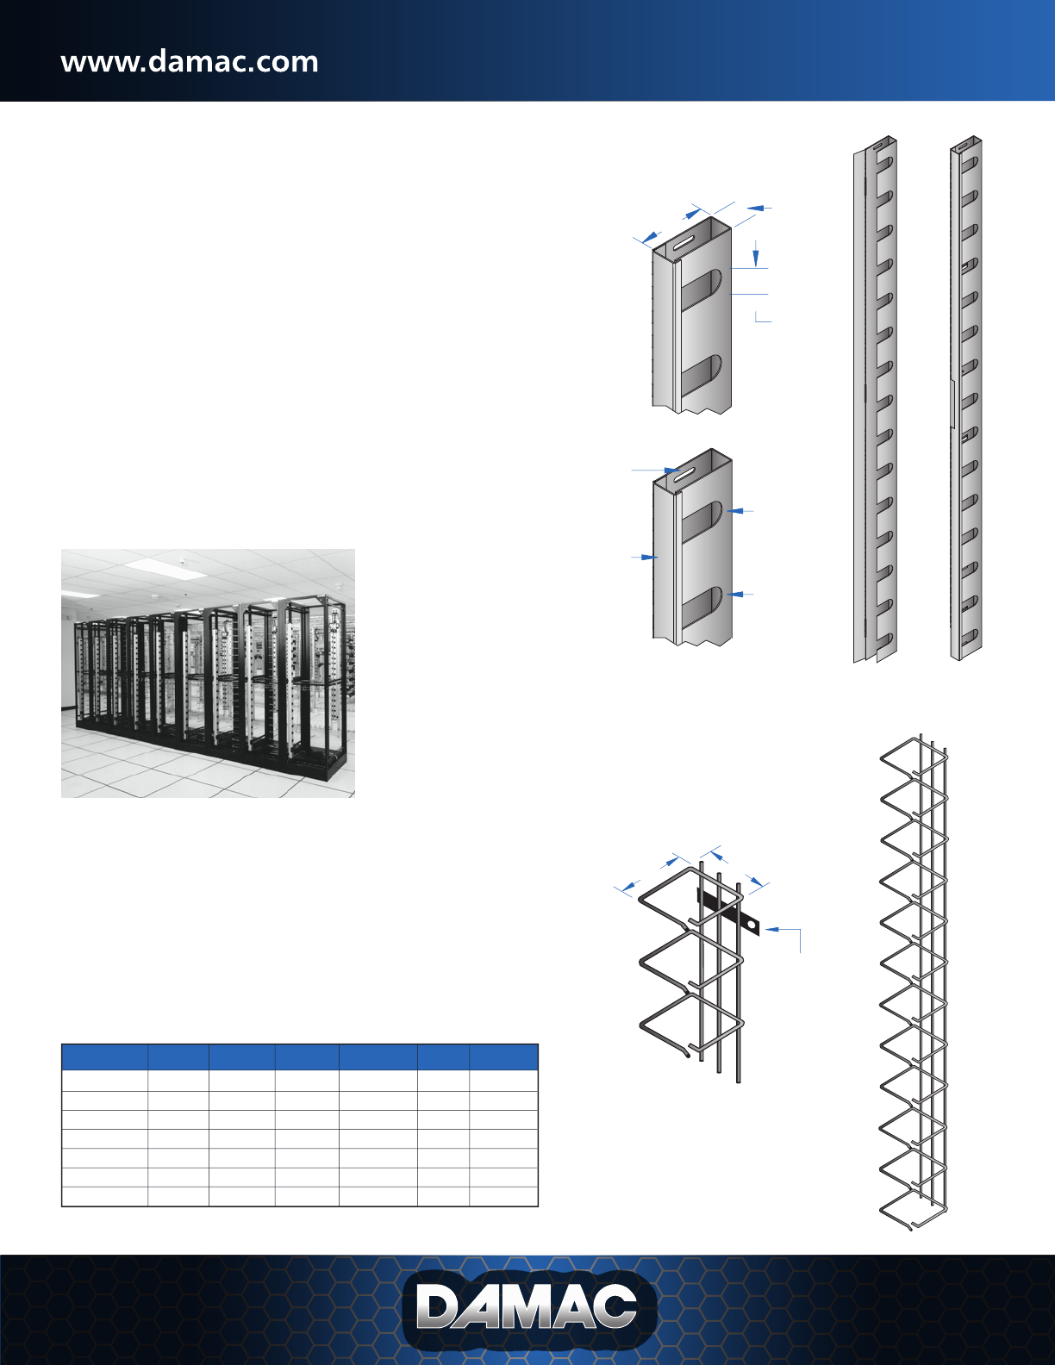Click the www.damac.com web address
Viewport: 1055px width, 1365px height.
point(190,62)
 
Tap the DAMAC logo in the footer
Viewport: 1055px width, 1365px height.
point(527,1308)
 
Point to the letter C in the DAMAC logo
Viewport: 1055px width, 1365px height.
point(610,1308)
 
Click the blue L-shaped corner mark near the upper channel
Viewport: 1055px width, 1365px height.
point(762,318)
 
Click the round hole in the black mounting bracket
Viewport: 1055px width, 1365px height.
point(752,926)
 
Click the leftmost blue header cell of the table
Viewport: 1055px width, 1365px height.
point(104,1056)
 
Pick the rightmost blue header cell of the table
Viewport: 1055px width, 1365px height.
point(503,1056)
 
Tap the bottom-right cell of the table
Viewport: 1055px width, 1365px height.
point(503,1196)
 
